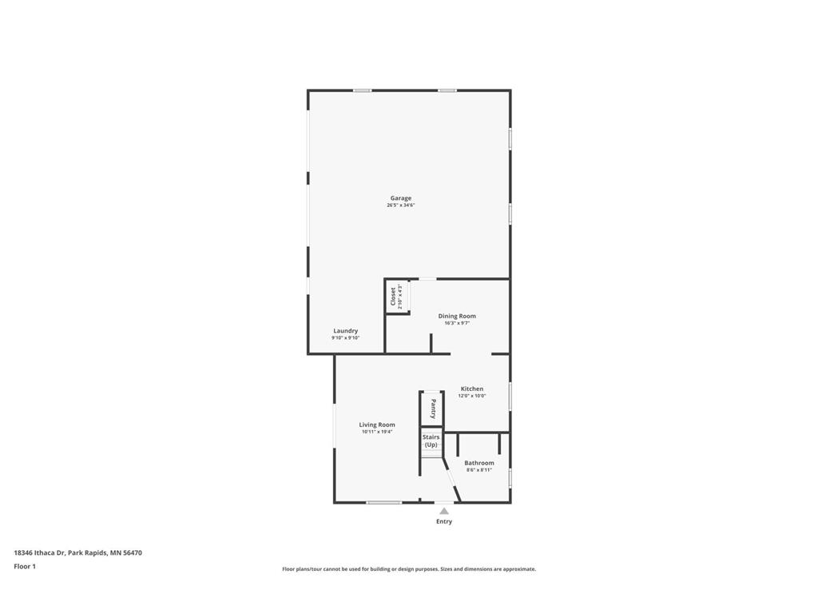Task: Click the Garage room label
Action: pyautogui.click(x=401, y=198)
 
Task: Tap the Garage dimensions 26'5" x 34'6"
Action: pyautogui.click(x=401, y=205)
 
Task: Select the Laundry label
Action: pyautogui.click(x=346, y=330)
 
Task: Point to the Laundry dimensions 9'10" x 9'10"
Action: pyautogui.click(x=346, y=338)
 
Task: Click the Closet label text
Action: pyautogui.click(x=393, y=297)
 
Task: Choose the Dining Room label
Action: pyautogui.click(x=457, y=316)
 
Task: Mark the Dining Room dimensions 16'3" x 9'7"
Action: pyautogui.click(x=457, y=323)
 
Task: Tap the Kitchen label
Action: pyautogui.click(x=472, y=389)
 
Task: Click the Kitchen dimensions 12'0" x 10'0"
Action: pyautogui.click(x=472, y=396)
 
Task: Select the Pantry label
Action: pyautogui.click(x=433, y=409)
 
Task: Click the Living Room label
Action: pyautogui.click(x=377, y=425)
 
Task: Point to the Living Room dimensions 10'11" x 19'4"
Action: pyautogui.click(x=377, y=432)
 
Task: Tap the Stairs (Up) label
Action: pyautogui.click(x=431, y=441)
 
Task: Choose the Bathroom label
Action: pyautogui.click(x=479, y=463)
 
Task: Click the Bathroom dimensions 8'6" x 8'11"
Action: pyautogui.click(x=479, y=470)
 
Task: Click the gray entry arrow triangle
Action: pyautogui.click(x=444, y=511)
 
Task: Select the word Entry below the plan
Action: pyautogui.click(x=444, y=521)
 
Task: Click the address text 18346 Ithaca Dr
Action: pyautogui.click(x=40, y=552)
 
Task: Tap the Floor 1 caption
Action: pyautogui.click(x=25, y=566)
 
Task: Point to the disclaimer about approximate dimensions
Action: pyautogui.click(x=409, y=569)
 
